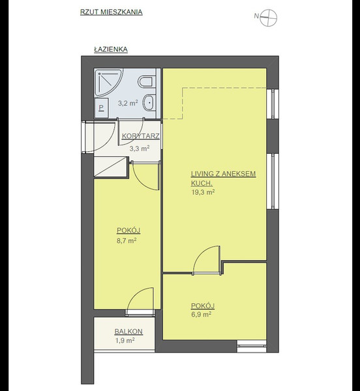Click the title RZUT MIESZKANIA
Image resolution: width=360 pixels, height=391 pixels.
click(x=112, y=12)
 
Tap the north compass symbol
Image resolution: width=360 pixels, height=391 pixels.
click(x=269, y=18)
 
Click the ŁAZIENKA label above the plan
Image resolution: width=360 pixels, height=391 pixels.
click(x=111, y=50)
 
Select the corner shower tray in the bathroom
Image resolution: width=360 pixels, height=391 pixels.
click(x=108, y=83)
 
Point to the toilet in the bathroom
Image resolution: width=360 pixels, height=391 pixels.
click(x=147, y=81)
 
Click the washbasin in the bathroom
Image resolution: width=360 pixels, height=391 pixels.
click(x=149, y=102)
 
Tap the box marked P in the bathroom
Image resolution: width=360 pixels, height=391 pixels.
click(x=102, y=108)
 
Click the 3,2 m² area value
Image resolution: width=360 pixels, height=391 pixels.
click(x=128, y=103)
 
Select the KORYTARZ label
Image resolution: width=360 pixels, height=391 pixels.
click(x=141, y=136)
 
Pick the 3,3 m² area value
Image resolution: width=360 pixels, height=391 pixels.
click(x=140, y=149)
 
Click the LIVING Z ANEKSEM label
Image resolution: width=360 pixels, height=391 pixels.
click(x=224, y=173)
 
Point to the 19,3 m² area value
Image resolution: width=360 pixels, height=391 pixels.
click(x=203, y=192)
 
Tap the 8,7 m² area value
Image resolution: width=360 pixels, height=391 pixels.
click(x=127, y=240)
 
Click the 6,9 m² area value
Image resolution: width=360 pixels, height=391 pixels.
click(x=202, y=314)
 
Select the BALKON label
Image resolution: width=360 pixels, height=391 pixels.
click(x=128, y=332)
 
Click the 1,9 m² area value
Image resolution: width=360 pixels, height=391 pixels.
click(x=125, y=340)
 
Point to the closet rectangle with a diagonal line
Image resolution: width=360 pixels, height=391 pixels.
click(x=111, y=167)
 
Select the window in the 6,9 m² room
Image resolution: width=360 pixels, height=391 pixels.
click(x=252, y=346)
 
